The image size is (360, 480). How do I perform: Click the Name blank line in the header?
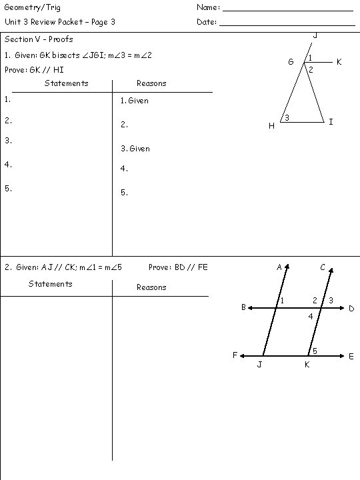(x=287, y=10)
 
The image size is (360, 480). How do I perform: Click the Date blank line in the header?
(x=287, y=25)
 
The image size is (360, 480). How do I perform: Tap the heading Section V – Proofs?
(x=39, y=39)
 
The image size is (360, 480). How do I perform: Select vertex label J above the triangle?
(x=315, y=35)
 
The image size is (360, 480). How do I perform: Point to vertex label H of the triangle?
(x=271, y=126)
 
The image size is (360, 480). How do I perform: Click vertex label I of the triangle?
(x=331, y=122)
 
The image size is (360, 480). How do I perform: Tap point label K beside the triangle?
(x=339, y=62)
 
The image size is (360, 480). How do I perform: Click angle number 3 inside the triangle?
(x=287, y=118)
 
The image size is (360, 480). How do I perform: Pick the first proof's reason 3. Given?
(x=135, y=149)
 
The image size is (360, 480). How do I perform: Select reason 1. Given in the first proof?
(x=135, y=101)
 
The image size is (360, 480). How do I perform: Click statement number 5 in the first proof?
(x=7, y=188)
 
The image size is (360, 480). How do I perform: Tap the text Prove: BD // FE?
(x=178, y=267)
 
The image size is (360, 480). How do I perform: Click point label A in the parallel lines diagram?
(x=279, y=267)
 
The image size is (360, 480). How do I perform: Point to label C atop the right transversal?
(x=323, y=267)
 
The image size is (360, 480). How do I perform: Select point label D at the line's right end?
(x=351, y=309)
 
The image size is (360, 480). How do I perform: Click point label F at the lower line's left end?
(x=235, y=355)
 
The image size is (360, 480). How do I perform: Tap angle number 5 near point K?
(x=315, y=351)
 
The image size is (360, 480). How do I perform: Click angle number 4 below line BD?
(x=310, y=316)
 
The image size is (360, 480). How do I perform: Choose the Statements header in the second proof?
(x=51, y=284)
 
